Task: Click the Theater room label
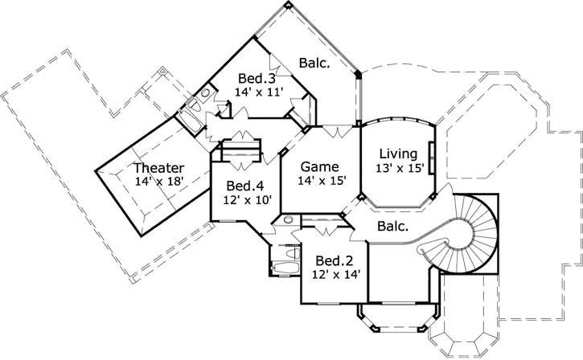pyautogui.click(x=158, y=168)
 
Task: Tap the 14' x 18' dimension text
pyautogui.click(x=161, y=182)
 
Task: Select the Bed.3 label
pyautogui.click(x=257, y=79)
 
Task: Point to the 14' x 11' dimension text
pyautogui.click(x=259, y=92)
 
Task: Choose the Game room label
pyautogui.click(x=318, y=166)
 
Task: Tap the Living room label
pyautogui.click(x=398, y=153)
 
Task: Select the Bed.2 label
pyautogui.click(x=335, y=260)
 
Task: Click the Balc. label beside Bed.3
pyautogui.click(x=314, y=62)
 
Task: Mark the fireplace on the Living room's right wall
pyautogui.click(x=433, y=157)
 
